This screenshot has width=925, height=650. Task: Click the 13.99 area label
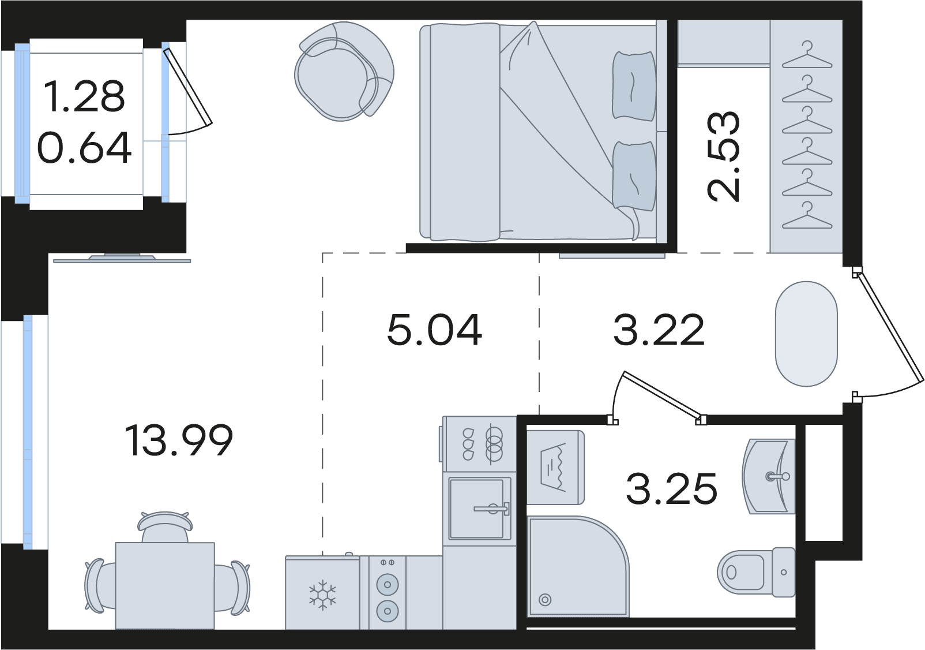pyautogui.click(x=179, y=441)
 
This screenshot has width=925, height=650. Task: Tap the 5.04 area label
pyautogui.click(x=434, y=330)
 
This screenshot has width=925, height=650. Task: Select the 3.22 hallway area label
pyautogui.click(x=659, y=330)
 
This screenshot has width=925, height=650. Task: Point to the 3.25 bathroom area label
pyautogui.click(x=671, y=489)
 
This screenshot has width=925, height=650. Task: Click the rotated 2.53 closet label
pyautogui.click(x=723, y=156)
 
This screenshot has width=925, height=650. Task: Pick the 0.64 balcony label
pyautogui.click(x=84, y=148)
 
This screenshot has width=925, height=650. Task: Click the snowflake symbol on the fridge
pyautogui.click(x=322, y=595)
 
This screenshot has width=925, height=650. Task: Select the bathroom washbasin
pyautogui.click(x=769, y=476)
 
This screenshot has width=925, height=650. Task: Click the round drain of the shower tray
pyautogui.click(x=545, y=599)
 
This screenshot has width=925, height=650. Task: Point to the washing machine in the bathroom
pyautogui.click(x=555, y=468)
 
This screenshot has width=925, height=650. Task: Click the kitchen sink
pyautogui.click(x=479, y=509)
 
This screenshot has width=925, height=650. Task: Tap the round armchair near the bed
pyautogui.click(x=344, y=72)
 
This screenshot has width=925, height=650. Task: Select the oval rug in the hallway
pyautogui.click(x=806, y=334)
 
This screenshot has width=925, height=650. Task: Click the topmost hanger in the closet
pyautogui.click(x=807, y=56)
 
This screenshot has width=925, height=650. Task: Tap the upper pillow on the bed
pyautogui.click(x=634, y=85)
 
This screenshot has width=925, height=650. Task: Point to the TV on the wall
pyautogui.click(x=122, y=259)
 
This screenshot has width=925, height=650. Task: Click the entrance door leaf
pyautogui.click(x=889, y=328)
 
